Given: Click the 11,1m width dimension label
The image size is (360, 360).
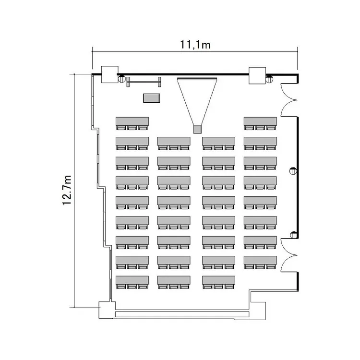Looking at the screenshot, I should pos(196,45).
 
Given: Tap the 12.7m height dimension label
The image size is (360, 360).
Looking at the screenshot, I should pos(67,190).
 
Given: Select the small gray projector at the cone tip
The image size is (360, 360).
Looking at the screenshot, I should pos(196,129).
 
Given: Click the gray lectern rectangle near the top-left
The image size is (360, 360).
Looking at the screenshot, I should pos(152,98).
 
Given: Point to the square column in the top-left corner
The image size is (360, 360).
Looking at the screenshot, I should pos(109,74).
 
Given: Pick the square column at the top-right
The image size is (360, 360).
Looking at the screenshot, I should pos(257,74).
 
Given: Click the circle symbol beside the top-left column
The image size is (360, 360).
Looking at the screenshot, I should pos(122,79).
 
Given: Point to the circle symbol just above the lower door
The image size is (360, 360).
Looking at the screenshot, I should pos(293,235).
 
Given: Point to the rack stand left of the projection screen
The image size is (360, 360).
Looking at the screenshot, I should pos(144,82).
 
